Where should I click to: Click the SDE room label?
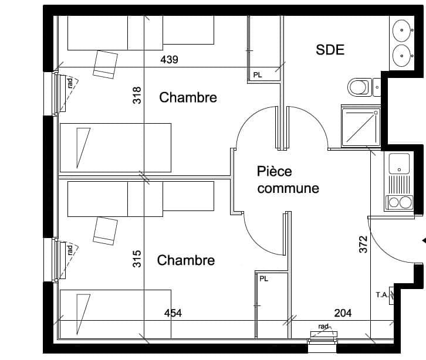point(330,50)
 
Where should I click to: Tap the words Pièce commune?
point(288,180)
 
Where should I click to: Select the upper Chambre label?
point(188,97)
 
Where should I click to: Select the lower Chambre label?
point(186,260)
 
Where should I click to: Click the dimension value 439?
point(169,59)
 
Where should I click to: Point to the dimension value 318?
point(137,95)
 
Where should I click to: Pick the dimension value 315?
point(137,259)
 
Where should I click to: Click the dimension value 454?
point(173,313)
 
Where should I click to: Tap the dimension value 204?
point(343,313)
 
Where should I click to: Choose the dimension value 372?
point(363,244)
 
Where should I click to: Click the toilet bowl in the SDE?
point(358,87)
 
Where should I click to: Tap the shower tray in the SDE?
point(361,127)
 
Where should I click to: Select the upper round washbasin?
point(401,30)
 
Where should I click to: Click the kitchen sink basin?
point(399,164)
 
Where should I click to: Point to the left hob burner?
point(394,202)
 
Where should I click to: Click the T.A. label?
point(382,295)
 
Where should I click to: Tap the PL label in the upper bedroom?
point(258,75)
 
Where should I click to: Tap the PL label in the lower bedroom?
point(264,279)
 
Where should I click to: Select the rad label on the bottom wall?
point(323,327)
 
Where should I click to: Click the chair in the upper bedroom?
point(106,64)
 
